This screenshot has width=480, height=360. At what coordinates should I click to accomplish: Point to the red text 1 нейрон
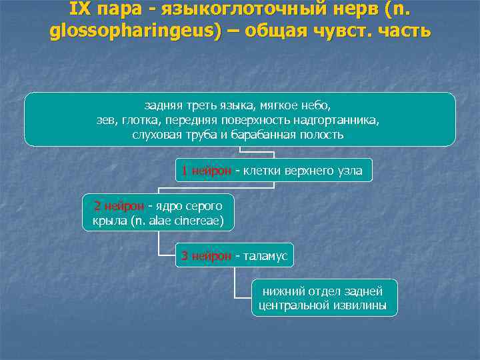[x=205, y=171]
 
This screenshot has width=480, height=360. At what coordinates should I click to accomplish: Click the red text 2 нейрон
[x=118, y=205]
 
